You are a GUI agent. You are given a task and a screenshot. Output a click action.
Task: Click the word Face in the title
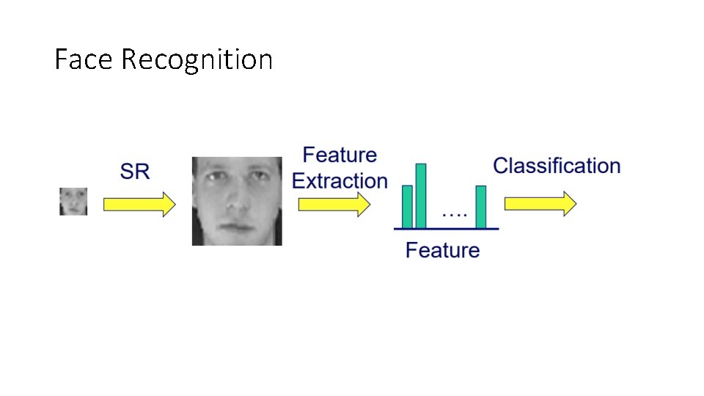84,59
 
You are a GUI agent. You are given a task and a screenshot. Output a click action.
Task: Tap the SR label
134,172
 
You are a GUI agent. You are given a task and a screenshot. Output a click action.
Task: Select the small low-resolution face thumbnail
73,201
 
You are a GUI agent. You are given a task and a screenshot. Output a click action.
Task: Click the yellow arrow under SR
139,204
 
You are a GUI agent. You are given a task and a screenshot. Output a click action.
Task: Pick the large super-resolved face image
237,201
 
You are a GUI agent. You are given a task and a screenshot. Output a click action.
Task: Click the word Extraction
340,180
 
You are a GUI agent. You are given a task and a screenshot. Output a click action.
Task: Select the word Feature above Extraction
340,155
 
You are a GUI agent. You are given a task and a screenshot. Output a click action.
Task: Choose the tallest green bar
421,196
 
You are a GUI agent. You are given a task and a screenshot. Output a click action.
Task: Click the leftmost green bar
408,207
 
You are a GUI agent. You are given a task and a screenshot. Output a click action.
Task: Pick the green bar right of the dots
481,207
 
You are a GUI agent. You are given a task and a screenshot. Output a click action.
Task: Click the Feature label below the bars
442,250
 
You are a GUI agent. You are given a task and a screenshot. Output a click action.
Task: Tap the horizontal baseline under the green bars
446,229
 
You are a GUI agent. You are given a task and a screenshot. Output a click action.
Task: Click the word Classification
557,166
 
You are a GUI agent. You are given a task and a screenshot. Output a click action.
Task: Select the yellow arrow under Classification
540,204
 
